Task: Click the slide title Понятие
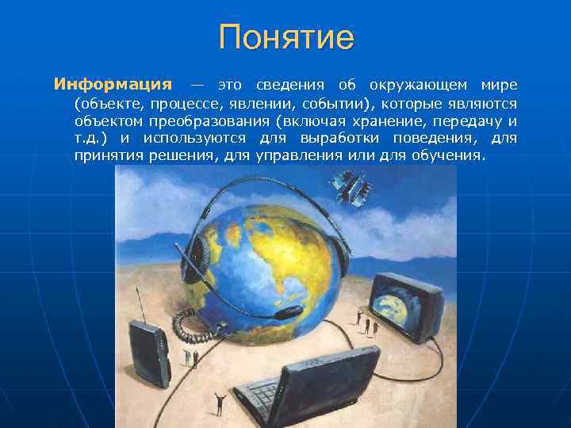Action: tap(285, 36)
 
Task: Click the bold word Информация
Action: tap(113, 85)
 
